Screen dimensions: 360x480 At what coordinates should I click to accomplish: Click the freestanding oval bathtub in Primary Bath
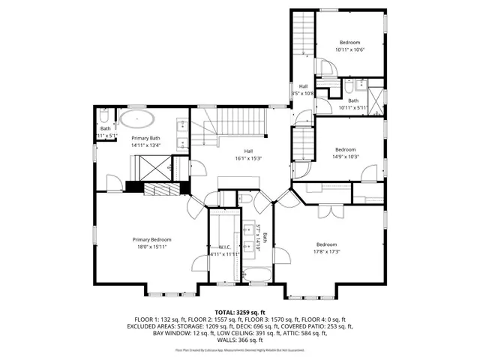click(139, 120)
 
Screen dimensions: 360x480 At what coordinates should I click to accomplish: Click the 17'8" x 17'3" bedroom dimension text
click(326, 251)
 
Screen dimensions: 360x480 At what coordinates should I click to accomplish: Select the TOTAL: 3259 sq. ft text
click(239, 311)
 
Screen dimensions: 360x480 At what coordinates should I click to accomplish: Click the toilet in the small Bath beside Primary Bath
click(104, 116)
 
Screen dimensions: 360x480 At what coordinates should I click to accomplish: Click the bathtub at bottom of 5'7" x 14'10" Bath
click(257, 275)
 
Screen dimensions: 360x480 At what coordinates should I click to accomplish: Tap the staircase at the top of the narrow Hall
click(302, 34)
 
